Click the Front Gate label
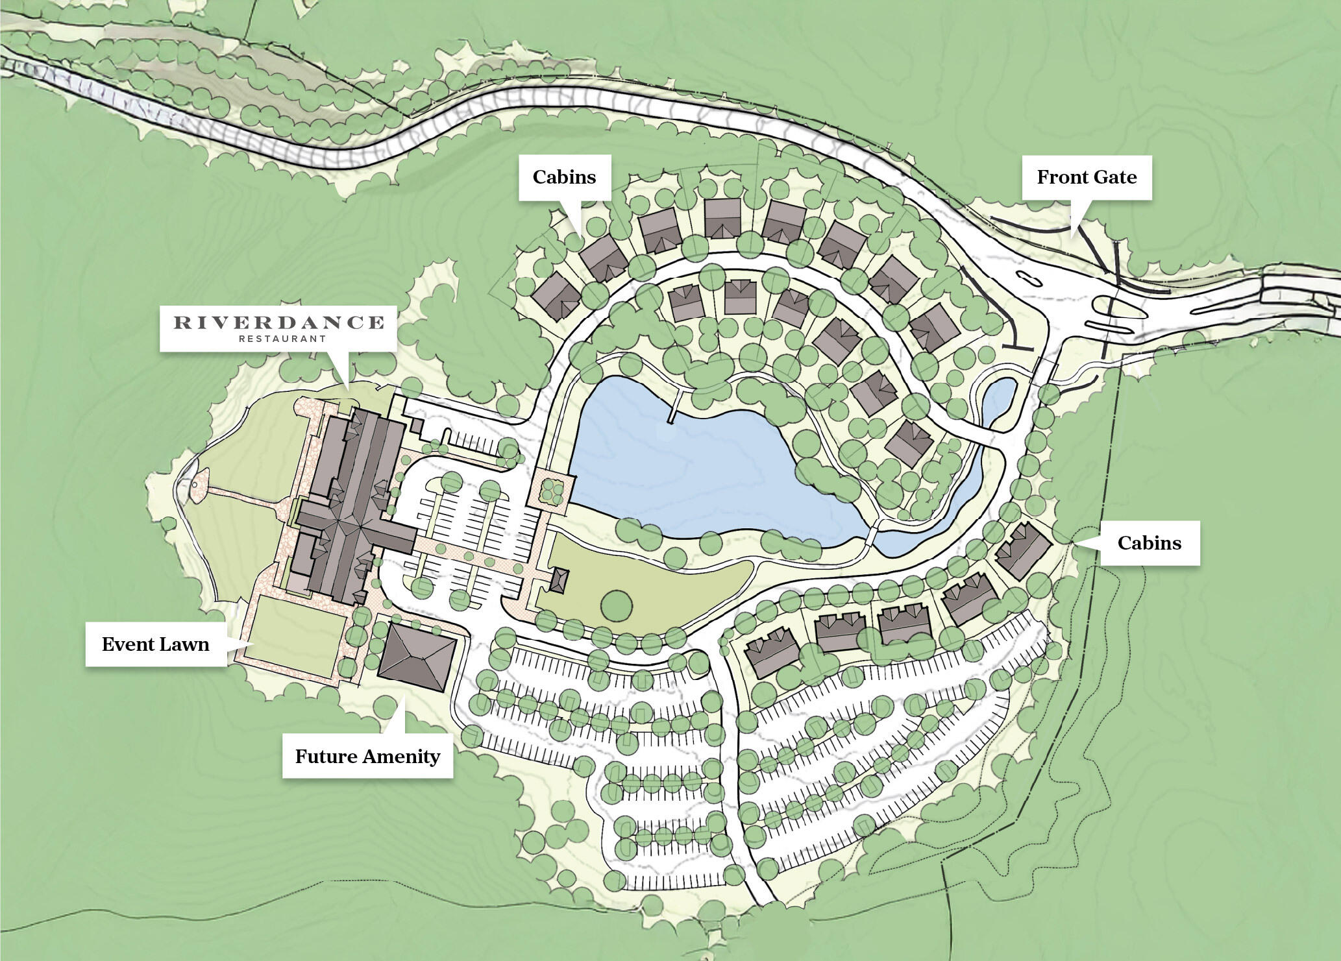pos(1087,177)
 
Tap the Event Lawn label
pos(156,644)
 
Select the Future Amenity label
pos(367,757)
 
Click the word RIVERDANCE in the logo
pos(278,322)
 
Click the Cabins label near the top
pos(564,177)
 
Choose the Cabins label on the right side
pos(1149,542)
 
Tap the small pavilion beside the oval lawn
pos(559,579)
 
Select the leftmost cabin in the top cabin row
pos(556,296)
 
